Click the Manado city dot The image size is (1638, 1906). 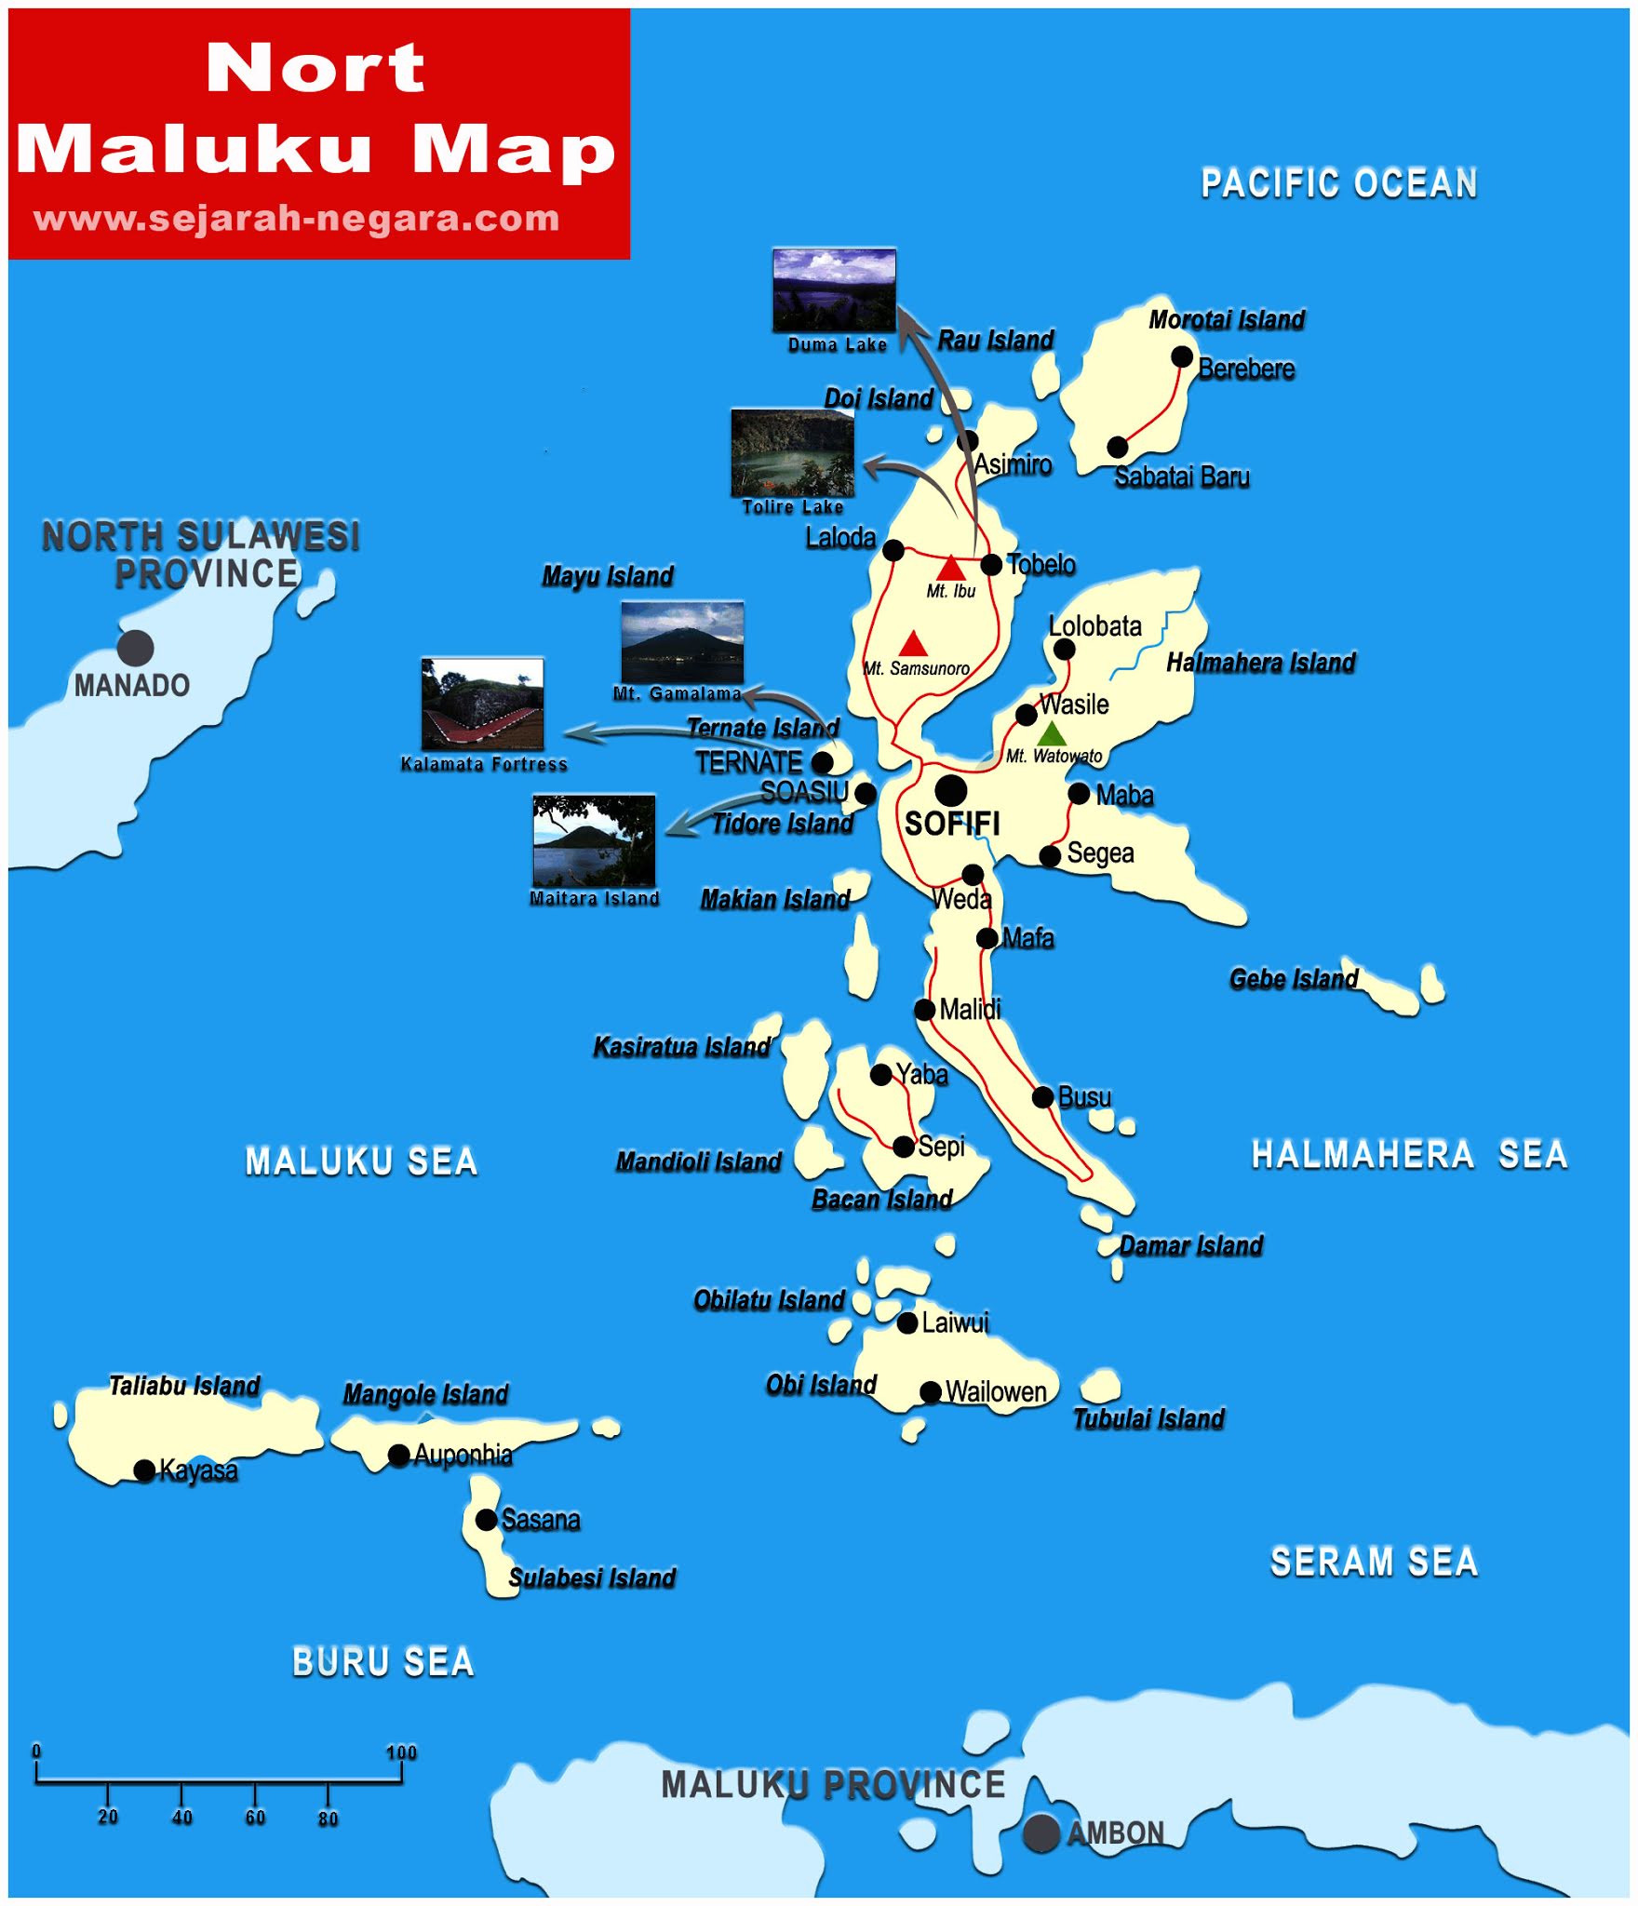click(135, 648)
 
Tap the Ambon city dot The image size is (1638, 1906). click(1041, 1832)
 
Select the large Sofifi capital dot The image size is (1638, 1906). click(950, 790)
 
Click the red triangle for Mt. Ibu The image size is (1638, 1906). click(950, 568)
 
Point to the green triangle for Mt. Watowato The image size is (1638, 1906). click(1051, 733)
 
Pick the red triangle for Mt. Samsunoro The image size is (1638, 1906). click(913, 643)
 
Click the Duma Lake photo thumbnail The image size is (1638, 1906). click(834, 289)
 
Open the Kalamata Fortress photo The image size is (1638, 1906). click(482, 704)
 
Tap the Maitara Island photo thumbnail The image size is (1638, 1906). click(594, 840)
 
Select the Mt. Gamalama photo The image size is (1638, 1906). click(682, 642)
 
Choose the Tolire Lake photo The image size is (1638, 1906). click(792, 452)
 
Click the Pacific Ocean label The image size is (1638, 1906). click(1338, 183)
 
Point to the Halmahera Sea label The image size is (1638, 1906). click(1409, 1154)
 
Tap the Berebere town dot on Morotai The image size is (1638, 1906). click(1182, 356)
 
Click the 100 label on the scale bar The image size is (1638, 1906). click(401, 1752)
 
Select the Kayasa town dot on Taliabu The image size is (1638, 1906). click(144, 1470)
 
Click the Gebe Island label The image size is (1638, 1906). click(1294, 979)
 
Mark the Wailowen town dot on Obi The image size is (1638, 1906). click(930, 1391)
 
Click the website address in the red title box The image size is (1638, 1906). click(297, 219)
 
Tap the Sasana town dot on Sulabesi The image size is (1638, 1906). click(486, 1519)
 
